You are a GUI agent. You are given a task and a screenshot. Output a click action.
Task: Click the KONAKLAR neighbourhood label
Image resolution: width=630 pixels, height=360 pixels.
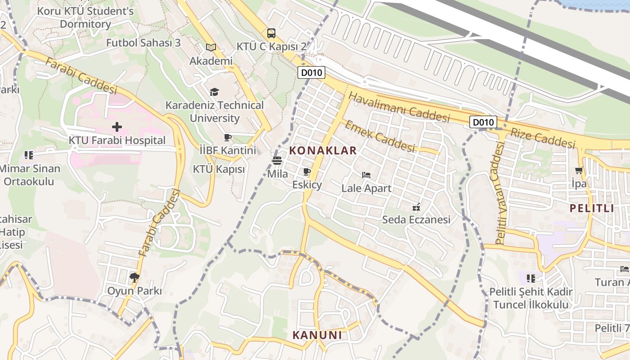coord(323,151)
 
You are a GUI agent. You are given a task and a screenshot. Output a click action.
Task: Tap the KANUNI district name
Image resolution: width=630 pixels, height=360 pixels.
coord(317,335)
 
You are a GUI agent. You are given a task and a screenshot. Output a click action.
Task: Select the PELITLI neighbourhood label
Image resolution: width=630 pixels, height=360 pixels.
coord(592,208)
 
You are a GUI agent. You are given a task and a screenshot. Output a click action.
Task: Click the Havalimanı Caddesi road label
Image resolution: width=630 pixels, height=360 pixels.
coord(399,108)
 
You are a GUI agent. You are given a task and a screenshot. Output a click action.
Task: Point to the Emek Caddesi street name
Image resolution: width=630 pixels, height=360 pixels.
coord(379,136)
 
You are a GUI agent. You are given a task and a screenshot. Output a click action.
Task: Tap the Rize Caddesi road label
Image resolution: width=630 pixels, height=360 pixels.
coord(543,137)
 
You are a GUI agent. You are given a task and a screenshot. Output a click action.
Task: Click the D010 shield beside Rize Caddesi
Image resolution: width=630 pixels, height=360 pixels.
coord(484,122)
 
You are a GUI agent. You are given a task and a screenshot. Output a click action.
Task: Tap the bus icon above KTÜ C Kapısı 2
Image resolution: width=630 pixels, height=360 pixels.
coord(271,33)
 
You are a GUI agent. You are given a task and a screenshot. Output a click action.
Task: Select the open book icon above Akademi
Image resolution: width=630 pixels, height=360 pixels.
coord(211,47)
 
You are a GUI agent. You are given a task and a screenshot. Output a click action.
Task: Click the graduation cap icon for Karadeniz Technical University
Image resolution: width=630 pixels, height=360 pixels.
coord(214,92)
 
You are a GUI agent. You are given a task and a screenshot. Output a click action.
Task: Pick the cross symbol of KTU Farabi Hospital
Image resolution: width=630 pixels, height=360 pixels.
coord(117,127)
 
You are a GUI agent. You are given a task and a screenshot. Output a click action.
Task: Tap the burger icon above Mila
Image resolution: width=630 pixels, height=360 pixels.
coord(277,160)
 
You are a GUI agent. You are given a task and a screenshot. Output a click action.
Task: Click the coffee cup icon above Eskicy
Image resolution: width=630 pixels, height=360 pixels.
coord(307,171)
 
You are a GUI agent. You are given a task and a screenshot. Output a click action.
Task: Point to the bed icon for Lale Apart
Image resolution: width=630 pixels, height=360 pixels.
coord(366,175)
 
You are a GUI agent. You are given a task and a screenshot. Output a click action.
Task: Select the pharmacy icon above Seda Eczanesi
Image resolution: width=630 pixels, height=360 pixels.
coord(416,207)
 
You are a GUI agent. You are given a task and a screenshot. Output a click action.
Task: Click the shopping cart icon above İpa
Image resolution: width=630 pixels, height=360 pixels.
coord(579,171)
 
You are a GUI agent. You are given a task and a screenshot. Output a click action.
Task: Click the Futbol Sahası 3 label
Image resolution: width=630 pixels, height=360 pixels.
coord(143,43)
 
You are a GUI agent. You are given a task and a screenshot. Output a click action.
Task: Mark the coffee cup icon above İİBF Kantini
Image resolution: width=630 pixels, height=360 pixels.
coord(228,137)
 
